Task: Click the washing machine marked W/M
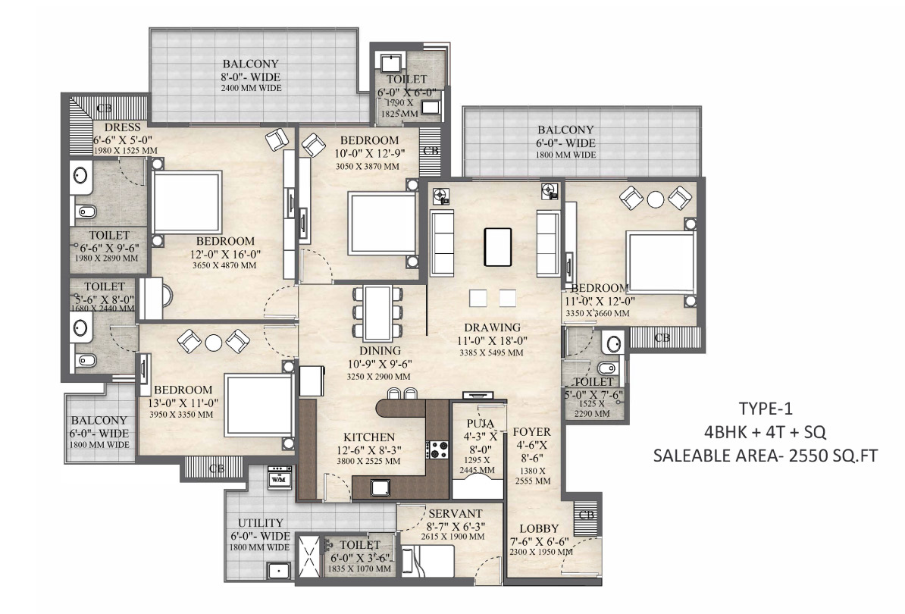coord(280,478)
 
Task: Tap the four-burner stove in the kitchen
coord(437,450)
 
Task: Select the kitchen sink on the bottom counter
coord(380,488)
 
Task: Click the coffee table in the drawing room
coord(497,247)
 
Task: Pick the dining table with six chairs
coord(378,313)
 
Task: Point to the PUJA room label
coord(481,424)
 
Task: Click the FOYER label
coord(531,431)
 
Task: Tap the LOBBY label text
coord(539,528)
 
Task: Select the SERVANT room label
coord(456,514)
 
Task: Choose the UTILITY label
coord(261,523)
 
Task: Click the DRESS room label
coord(122,127)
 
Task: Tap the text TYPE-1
coord(766,409)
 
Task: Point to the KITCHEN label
coord(369,437)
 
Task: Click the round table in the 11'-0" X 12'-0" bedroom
coord(656,199)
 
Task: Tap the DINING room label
coord(380,351)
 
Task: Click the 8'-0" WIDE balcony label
coord(250,77)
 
